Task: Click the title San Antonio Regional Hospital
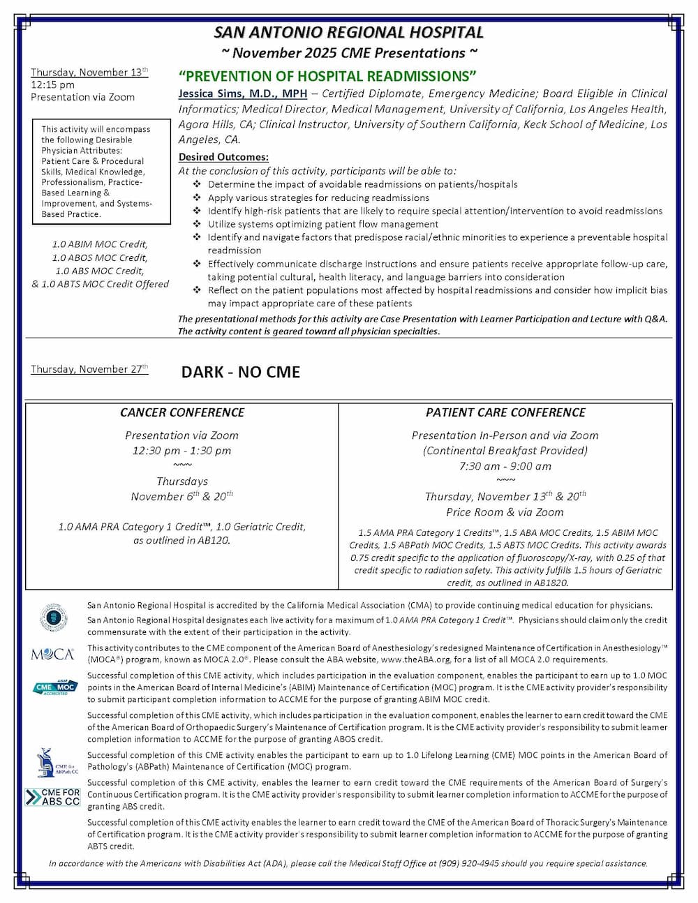(x=348, y=33)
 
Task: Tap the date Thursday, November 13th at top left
(x=89, y=73)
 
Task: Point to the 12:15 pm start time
(x=52, y=84)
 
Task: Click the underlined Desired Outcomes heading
(x=223, y=157)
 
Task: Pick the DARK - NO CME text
(x=240, y=372)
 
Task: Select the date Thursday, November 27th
(x=89, y=369)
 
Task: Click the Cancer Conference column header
(x=181, y=412)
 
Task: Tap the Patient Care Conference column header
(x=505, y=412)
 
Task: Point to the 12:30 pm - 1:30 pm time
(x=181, y=450)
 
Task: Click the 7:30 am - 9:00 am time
(x=505, y=465)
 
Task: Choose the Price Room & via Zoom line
(x=505, y=512)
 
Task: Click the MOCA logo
(x=52, y=654)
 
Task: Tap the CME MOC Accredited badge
(x=54, y=687)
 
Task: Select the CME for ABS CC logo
(x=53, y=797)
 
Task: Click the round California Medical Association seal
(x=53, y=617)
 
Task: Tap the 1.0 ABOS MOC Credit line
(x=100, y=258)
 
